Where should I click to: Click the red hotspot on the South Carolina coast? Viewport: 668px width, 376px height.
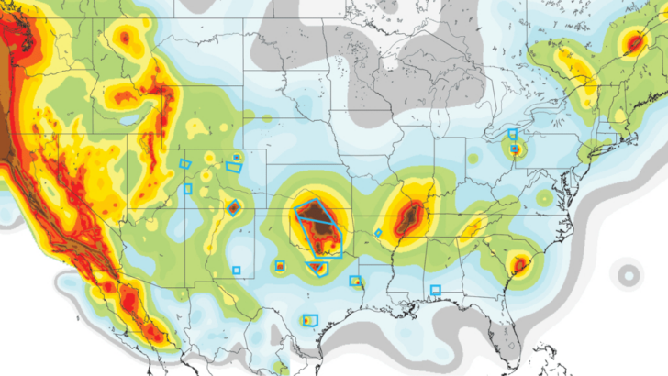519,265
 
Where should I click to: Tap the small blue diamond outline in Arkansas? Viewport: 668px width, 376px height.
378,233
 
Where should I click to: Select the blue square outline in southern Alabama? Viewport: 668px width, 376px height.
435,290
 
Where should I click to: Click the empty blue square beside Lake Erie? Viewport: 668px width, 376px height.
512,134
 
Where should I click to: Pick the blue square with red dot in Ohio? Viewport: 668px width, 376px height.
515,148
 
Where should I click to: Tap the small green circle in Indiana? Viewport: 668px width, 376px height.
474,158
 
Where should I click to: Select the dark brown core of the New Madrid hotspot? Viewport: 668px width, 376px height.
409,218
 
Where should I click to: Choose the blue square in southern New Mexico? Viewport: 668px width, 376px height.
236,270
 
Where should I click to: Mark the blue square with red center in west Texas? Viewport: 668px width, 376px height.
280,266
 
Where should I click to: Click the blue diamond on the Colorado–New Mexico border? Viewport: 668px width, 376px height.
232,206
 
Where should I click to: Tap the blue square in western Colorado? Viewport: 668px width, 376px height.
188,189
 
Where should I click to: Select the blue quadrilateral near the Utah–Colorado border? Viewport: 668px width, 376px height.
184,163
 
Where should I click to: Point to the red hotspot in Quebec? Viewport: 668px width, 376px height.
632,42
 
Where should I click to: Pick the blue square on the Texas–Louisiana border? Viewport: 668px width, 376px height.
355,281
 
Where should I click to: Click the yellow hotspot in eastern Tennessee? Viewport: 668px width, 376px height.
475,224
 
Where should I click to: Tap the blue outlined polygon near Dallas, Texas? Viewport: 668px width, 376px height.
317,268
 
